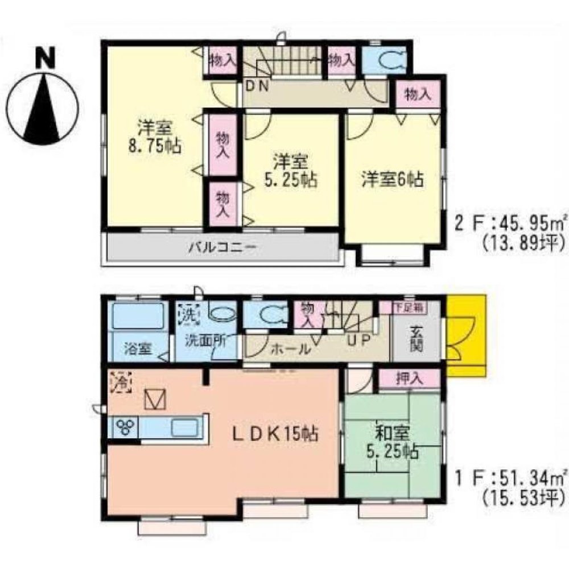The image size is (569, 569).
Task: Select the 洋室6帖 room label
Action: click(x=393, y=180)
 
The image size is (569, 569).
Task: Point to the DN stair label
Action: click(x=259, y=86)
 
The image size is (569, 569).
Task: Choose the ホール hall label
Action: click(x=291, y=348)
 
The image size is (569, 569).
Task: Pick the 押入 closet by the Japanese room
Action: click(x=410, y=379)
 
